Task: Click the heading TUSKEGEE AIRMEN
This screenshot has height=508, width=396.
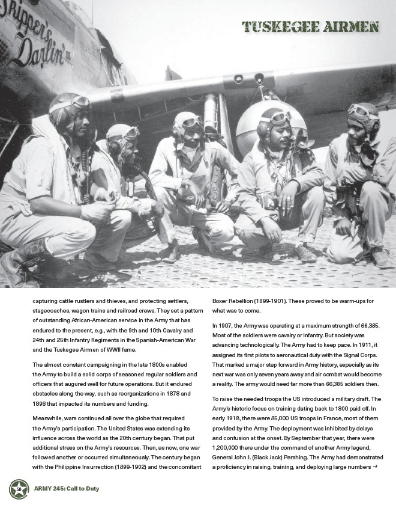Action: coord(310,26)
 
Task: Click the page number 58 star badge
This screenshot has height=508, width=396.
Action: coord(19,489)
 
